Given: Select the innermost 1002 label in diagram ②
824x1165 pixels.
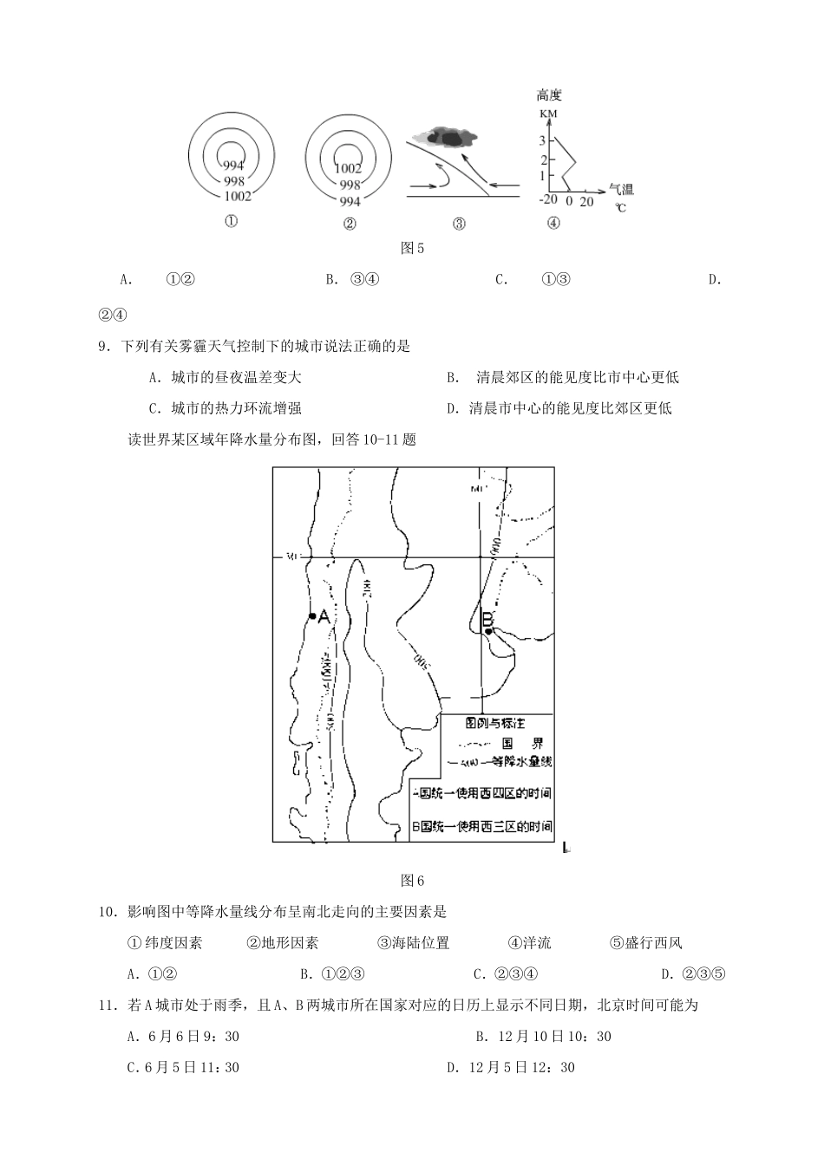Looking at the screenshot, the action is tap(348, 169).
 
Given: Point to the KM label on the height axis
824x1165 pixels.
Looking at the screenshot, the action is tap(548, 114).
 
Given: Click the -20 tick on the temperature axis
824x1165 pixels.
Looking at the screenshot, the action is tap(548, 200).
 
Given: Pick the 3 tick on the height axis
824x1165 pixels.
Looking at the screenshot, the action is tap(543, 140).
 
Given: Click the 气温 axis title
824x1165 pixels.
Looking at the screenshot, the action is tap(622, 189).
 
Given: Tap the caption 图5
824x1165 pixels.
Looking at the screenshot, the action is tap(412, 249).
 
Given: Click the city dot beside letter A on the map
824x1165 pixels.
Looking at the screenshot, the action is tap(311, 616).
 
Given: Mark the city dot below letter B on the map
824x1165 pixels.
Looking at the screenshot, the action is tap(489, 631).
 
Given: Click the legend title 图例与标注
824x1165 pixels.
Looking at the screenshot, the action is tap(495, 722).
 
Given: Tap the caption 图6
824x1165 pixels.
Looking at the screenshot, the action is tap(412, 881).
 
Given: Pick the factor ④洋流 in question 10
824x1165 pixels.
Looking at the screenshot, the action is tap(529, 943).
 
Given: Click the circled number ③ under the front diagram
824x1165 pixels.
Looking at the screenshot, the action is tap(459, 224).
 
